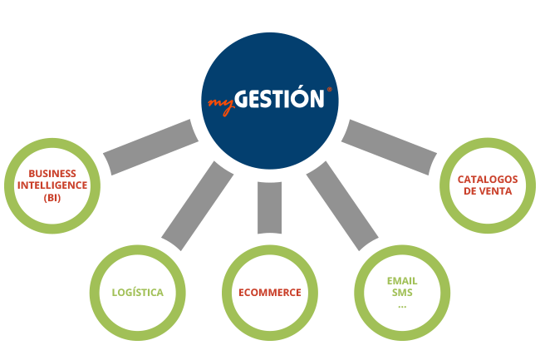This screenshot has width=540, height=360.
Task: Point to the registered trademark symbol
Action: (x=330, y=89)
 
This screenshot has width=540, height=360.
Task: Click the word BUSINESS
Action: (x=52, y=173)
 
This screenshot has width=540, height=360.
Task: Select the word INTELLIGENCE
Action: (x=52, y=185)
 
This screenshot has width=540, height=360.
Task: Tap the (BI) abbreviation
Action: (x=52, y=198)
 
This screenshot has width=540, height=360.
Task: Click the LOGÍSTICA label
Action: (x=138, y=293)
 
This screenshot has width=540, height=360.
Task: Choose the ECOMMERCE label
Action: (x=270, y=293)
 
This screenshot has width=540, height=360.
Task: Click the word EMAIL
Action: (x=402, y=281)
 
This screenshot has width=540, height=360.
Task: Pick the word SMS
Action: (x=402, y=293)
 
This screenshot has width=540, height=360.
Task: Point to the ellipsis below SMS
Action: (x=402, y=306)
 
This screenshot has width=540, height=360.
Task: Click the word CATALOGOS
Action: (x=488, y=180)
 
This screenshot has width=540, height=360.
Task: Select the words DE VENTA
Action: (x=488, y=191)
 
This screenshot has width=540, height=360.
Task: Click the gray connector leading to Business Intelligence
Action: (x=151, y=147)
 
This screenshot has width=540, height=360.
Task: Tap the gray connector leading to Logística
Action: (x=198, y=206)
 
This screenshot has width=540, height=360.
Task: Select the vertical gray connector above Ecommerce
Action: (x=270, y=208)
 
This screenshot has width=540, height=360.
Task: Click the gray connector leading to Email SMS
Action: (x=342, y=206)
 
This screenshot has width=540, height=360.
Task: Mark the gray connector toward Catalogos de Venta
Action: (x=389, y=147)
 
